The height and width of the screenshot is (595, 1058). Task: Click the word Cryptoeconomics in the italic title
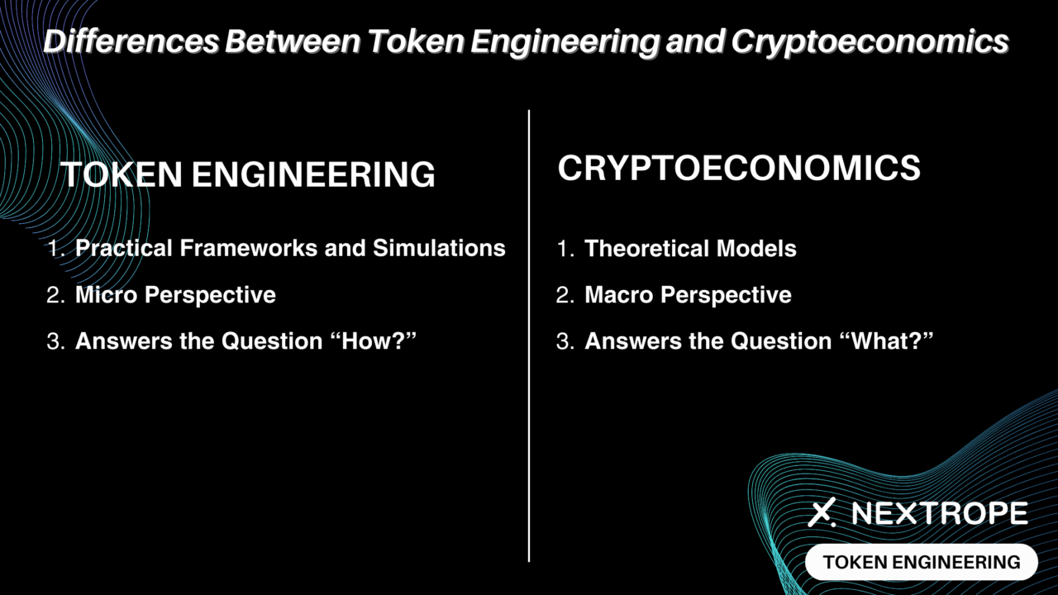pos(870,42)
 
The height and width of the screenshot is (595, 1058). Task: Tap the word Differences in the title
pos(131,40)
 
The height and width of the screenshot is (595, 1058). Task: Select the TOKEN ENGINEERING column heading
pos(248,174)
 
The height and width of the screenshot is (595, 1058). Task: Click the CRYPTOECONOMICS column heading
pos(739,168)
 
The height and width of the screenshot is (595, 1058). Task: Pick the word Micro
pos(107,295)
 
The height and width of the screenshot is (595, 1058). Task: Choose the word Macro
pos(619,295)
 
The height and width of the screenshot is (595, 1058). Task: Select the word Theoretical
pos(646,249)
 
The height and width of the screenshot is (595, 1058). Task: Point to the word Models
pos(756,249)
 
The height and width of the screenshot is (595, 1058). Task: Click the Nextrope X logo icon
pos(822,512)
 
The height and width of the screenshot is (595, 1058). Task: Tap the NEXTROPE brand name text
pos(940,513)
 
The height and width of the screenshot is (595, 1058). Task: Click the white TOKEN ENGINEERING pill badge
pos(922,562)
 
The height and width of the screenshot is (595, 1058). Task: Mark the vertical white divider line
pos(529,336)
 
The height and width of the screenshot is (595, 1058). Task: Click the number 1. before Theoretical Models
pos(565,249)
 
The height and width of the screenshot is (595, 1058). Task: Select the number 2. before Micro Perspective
pos(55,295)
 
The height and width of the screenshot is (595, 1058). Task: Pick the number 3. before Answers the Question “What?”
pos(565,341)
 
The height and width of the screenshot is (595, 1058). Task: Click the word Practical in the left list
pos(124,248)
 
